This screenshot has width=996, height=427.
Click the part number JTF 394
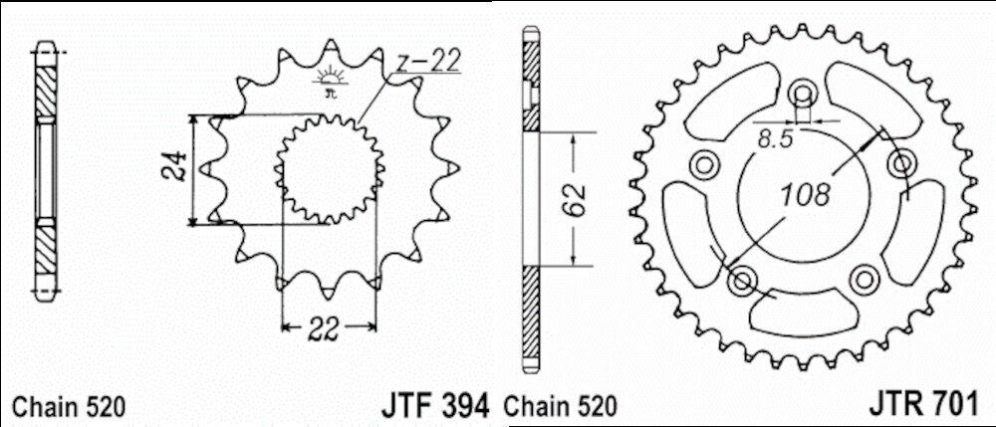click(x=435, y=404)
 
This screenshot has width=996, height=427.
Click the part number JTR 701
click(x=921, y=404)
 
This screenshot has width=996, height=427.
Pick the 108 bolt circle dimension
click(x=806, y=194)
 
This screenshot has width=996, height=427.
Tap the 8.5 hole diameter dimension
click(x=775, y=139)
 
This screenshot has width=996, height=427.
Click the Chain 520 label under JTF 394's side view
click(x=70, y=407)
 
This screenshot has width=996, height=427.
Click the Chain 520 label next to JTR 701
click(x=560, y=407)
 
